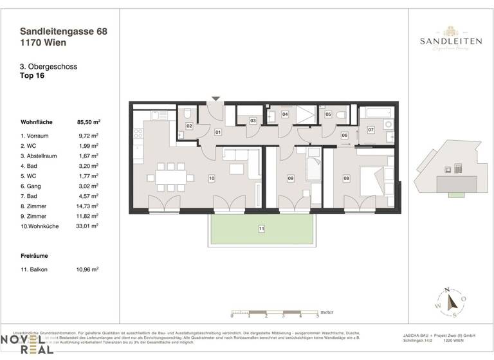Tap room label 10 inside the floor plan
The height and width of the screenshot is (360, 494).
[211, 177]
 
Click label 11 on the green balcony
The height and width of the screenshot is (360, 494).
[262, 228]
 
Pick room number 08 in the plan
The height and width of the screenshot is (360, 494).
[346, 178]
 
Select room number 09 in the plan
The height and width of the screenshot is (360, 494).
[291, 178]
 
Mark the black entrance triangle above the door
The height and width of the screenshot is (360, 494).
[216, 98]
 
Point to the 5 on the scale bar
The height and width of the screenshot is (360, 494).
[317, 316]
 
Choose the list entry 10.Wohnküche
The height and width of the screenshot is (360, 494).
[42, 226]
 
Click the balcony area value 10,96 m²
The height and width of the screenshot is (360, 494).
[88, 270]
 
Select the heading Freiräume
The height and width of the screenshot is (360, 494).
[37, 255]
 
